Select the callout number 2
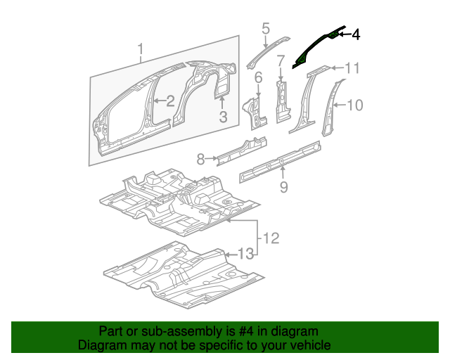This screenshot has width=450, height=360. coord(170,101)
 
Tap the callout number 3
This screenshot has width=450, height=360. coord(222,117)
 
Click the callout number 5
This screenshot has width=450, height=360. coord(266,29)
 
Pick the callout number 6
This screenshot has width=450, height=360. coord(258,77)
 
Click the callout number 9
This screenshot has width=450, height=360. coord(283,186)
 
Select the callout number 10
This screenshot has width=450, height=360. coord(355,105)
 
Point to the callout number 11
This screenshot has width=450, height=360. coord(352,67)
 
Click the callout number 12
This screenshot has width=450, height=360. coord(271,238)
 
